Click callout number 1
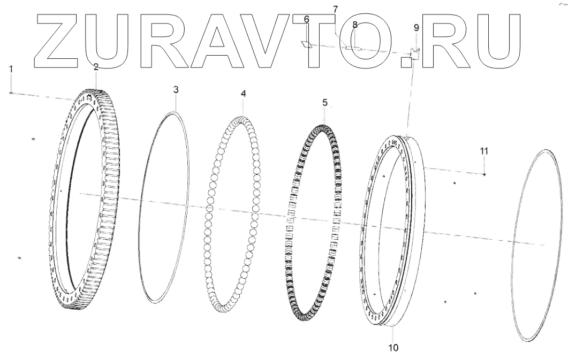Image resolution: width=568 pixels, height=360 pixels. (x=10, y=69)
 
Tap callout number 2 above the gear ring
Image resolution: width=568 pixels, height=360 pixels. (x=96, y=67)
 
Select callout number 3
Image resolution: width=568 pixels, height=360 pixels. (x=176, y=90)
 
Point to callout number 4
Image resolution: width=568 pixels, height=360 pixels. (x=244, y=93)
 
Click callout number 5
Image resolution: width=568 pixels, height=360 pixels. (x=324, y=102)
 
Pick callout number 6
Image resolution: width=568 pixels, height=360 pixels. (x=307, y=19)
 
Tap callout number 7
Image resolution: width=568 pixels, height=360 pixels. (x=336, y=10)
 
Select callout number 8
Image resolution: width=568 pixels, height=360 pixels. (x=354, y=25)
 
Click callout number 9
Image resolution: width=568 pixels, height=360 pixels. (x=416, y=27)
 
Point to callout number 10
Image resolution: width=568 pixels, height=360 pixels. (x=393, y=348)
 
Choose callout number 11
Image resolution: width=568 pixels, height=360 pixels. (x=484, y=151)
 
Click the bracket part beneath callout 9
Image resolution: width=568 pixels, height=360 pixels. (x=415, y=53)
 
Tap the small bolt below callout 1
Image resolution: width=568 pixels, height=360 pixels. (x=11, y=93)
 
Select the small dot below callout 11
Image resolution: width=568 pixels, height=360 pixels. (x=484, y=174)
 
